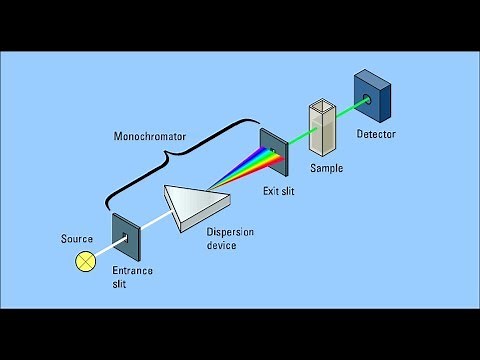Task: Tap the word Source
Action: click(76, 239)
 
